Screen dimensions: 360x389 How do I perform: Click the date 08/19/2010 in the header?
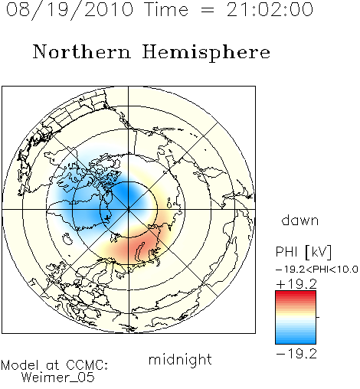[70, 10]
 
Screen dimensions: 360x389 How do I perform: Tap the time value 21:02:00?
[270, 9]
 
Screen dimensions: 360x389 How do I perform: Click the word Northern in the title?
[82, 52]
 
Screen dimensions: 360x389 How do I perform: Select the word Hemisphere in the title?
[206, 53]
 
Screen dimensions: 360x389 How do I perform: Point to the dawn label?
[300, 221]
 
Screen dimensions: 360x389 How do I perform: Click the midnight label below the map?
[180, 360]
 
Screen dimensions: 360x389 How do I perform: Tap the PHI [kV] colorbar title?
[303, 252]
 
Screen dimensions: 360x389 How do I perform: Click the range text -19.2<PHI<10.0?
[316, 270]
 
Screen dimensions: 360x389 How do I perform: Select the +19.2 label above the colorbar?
[296, 284]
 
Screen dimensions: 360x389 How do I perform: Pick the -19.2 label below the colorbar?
[296, 354]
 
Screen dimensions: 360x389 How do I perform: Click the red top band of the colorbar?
[296, 294]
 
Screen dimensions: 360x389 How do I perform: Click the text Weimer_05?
[57, 378]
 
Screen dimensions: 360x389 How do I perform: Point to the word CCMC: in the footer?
[87, 365]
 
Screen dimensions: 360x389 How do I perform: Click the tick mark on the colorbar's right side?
[318, 317]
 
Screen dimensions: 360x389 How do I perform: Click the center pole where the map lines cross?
[129, 210]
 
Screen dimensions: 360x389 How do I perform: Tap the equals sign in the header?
[207, 10]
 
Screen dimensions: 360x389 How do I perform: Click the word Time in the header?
[166, 9]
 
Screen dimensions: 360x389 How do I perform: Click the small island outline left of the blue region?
[67, 239]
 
